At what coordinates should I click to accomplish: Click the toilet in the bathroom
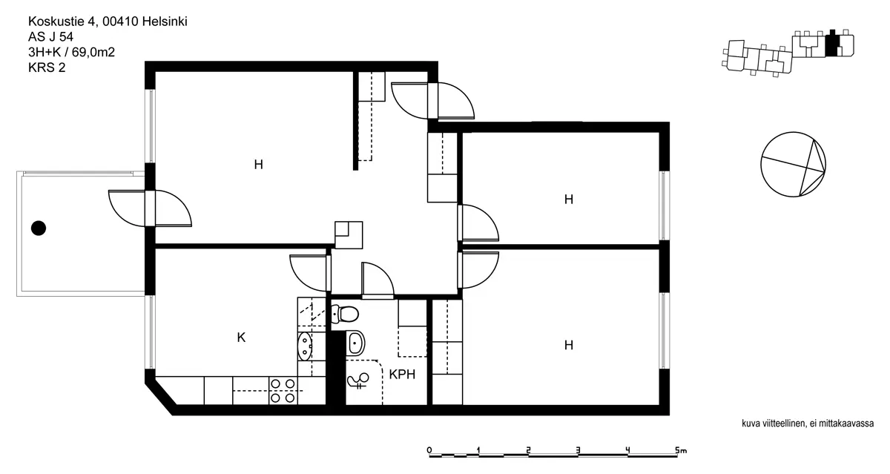(345, 314)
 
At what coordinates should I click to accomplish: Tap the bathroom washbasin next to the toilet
(355, 343)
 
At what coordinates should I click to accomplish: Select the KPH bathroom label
(402, 375)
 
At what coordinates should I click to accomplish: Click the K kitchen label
(241, 338)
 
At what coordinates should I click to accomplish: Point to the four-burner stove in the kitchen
(283, 391)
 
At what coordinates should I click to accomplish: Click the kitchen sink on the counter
(305, 346)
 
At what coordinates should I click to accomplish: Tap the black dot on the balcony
(39, 228)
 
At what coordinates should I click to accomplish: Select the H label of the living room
(259, 164)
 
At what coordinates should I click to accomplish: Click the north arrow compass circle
(793, 164)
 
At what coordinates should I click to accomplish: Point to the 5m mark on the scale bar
(681, 450)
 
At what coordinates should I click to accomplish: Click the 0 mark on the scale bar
(429, 450)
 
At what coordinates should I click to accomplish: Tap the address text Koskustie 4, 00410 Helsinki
(108, 22)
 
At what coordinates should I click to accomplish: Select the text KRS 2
(47, 68)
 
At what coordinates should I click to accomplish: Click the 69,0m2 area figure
(93, 52)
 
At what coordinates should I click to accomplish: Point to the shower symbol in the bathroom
(358, 381)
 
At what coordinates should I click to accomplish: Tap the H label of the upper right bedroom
(569, 199)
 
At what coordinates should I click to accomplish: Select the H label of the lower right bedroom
(569, 345)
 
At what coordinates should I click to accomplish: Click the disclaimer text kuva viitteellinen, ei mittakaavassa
(808, 424)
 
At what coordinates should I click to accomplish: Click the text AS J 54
(51, 37)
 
